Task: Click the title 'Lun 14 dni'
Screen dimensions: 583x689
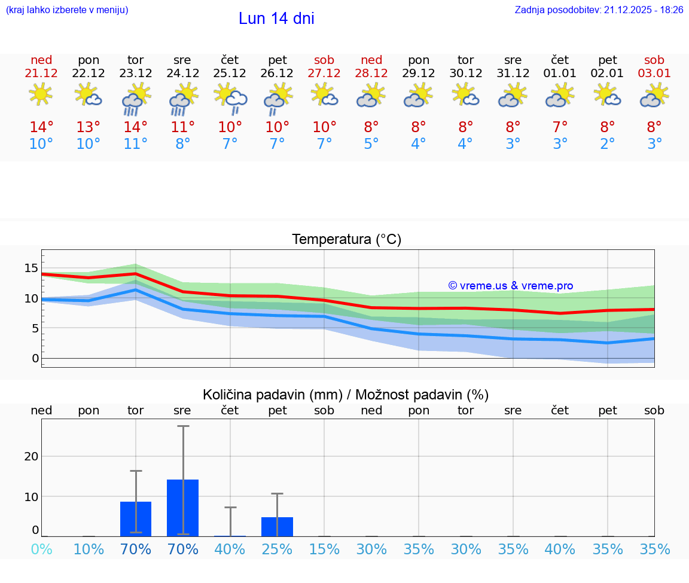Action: (276, 19)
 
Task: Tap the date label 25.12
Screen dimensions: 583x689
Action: (230, 74)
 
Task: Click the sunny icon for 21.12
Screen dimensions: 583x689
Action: (41, 94)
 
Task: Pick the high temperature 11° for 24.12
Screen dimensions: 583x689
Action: (183, 127)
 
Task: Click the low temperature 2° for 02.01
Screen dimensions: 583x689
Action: (608, 144)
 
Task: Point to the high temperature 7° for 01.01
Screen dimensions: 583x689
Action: (560, 127)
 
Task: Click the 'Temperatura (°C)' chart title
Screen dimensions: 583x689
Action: (346, 240)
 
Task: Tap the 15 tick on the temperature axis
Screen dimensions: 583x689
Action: (31, 268)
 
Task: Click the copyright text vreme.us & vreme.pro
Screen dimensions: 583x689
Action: (511, 286)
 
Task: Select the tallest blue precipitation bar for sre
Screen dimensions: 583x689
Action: (183, 508)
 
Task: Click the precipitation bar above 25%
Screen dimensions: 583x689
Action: (277, 527)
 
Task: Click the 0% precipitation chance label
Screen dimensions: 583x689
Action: (41, 549)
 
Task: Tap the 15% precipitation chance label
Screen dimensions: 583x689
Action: (324, 549)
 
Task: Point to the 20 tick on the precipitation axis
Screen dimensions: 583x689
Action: (31, 456)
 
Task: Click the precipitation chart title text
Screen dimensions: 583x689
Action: (346, 395)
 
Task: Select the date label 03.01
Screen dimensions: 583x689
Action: (654, 74)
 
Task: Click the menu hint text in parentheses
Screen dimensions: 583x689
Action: (67, 10)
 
